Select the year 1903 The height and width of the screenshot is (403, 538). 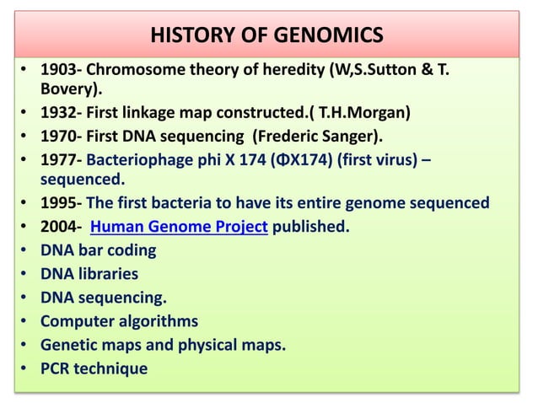[x=59, y=67]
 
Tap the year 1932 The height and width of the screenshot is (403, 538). [x=59, y=110]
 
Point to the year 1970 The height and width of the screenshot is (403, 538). [x=59, y=132]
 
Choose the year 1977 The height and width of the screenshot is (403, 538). [x=59, y=157]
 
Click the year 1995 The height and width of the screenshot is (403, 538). [x=59, y=203]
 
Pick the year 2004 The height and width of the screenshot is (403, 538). [x=59, y=227]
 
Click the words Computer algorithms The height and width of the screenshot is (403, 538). [x=120, y=321]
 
